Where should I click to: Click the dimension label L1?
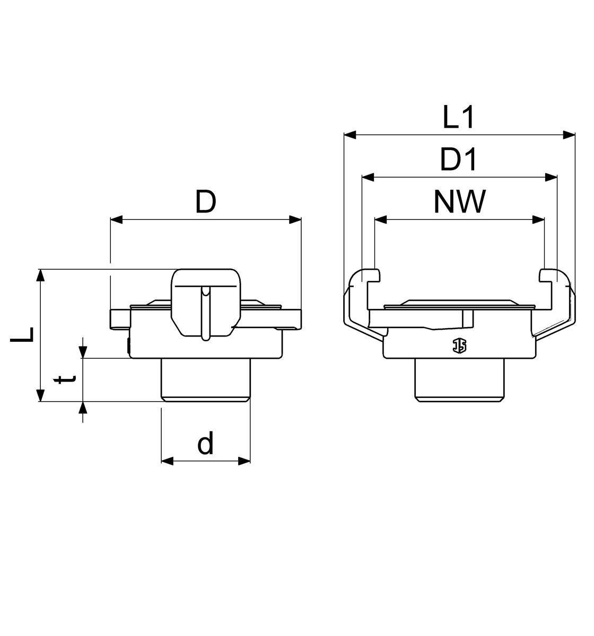[x=458, y=117]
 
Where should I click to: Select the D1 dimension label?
[x=458, y=159]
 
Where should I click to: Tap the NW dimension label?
[x=459, y=201]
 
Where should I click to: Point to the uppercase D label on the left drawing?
[x=205, y=201]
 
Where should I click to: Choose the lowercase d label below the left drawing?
[x=205, y=443]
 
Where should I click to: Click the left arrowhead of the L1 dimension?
[x=350, y=135]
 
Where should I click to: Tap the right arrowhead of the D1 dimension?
[x=551, y=177]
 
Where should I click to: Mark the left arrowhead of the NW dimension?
[x=381, y=220]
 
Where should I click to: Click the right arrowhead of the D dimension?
[x=295, y=220]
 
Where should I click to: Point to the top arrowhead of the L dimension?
[x=40, y=276]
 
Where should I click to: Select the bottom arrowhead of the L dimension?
[x=40, y=395]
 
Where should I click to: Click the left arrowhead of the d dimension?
[x=168, y=461]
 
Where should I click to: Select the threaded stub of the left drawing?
[x=205, y=380]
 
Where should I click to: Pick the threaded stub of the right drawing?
[x=460, y=380]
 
